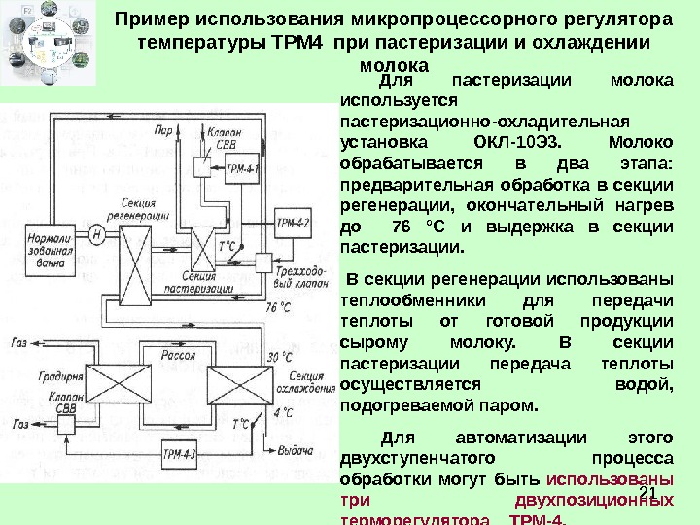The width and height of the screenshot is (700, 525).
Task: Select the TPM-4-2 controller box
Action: tap(293, 223)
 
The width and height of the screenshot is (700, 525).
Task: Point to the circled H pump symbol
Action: tap(97, 234)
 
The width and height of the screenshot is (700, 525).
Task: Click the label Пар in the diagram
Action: tap(164, 127)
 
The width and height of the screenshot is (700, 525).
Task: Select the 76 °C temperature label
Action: tap(278, 307)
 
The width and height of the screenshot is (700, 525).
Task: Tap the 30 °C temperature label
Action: tap(279, 357)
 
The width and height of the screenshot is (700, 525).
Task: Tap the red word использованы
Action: tap(610, 478)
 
